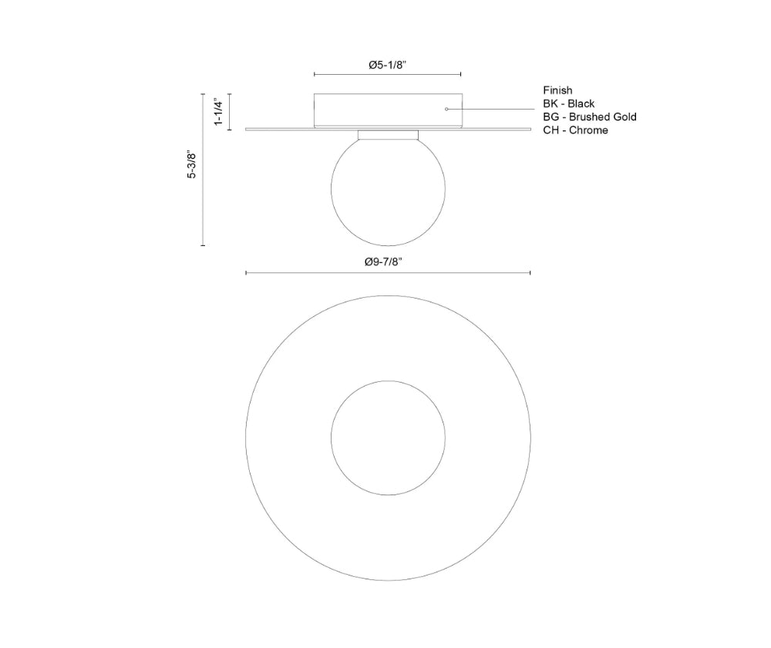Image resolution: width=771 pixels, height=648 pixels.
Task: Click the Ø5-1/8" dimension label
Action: click(x=388, y=65)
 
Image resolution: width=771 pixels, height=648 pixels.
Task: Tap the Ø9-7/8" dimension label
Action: click(x=383, y=262)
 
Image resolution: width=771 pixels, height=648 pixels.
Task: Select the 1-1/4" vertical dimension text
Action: click(x=219, y=112)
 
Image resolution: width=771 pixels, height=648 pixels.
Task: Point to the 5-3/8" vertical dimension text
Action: click(x=191, y=165)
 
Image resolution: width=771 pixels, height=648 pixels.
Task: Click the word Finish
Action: click(x=557, y=90)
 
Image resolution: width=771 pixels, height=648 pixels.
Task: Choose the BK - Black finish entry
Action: click(x=568, y=103)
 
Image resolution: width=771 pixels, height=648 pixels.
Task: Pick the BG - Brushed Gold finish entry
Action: click(x=590, y=116)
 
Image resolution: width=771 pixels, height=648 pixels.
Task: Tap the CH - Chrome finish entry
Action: click(x=575, y=130)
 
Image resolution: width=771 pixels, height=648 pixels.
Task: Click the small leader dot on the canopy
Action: click(x=446, y=109)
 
